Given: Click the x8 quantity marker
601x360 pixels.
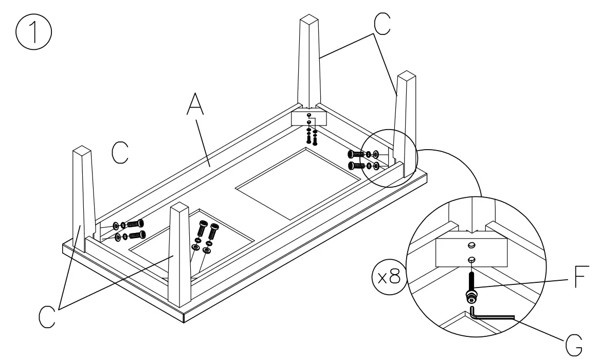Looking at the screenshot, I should coord(387,278).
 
